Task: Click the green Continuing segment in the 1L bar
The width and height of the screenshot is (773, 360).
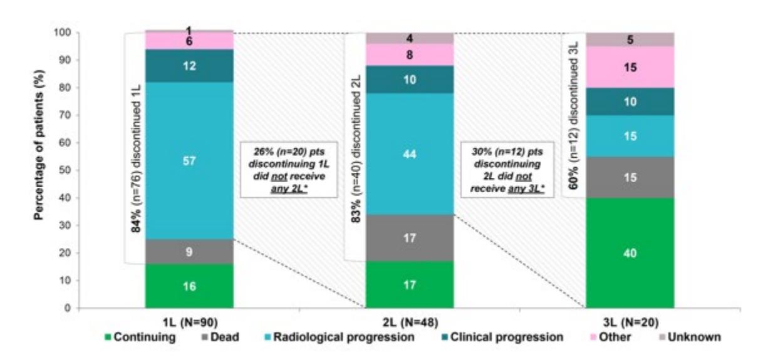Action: coord(189,286)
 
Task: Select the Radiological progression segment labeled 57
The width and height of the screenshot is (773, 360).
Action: coord(189,161)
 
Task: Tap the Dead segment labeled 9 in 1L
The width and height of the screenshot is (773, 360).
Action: coord(189,252)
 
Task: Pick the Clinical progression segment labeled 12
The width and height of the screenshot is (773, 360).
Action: coord(189,66)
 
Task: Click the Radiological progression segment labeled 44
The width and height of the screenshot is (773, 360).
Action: coord(410,154)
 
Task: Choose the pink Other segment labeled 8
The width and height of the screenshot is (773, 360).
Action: coord(410,54)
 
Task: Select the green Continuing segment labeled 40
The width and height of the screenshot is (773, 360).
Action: coord(630,253)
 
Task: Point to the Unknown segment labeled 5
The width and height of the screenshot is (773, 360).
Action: coord(630,39)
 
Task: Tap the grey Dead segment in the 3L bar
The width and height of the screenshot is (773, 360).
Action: coord(630,177)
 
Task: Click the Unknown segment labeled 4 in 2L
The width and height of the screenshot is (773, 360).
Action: coord(410,38)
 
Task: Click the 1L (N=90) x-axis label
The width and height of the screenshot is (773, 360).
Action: coord(190,322)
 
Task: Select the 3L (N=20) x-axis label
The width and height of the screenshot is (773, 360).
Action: coord(631,322)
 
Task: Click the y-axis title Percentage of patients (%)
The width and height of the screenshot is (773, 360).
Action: coord(39,145)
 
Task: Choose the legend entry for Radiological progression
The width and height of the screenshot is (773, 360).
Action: coord(341,337)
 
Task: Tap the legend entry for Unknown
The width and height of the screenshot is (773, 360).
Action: coord(690,337)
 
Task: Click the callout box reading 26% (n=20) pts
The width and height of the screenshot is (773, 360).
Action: coord(289,170)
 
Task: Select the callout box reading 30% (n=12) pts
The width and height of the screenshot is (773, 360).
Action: coord(507,170)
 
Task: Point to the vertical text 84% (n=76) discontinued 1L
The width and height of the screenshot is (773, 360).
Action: coord(137,159)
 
